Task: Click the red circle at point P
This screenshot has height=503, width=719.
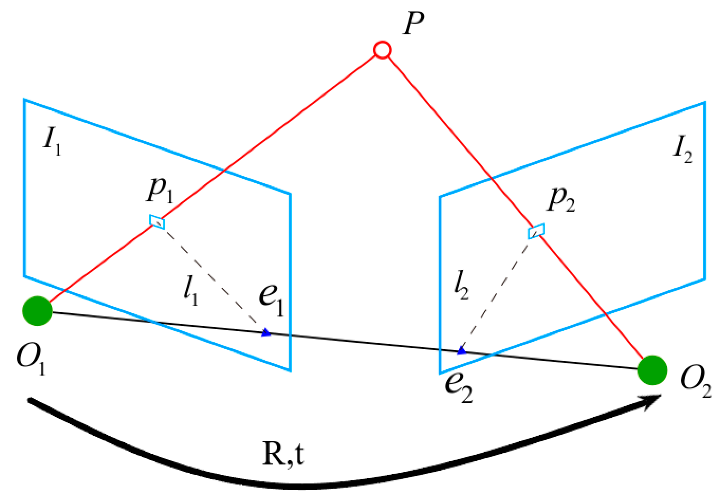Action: pyautogui.click(x=382, y=50)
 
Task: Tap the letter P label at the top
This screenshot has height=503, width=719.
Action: pyautogui.click(x=413, y=23)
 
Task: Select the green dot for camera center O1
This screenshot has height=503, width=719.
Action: pyautogui.click(x=37, y=311)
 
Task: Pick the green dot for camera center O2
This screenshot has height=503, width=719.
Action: pyautogui.click(x=652, y=370)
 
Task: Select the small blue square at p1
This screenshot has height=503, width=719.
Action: pyautogui.click(x=157, y=222)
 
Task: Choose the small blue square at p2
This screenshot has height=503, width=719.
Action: pyautogui.click(x=536, y=231)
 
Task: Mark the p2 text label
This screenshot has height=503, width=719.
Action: pyautogui.click(x=561, y=199)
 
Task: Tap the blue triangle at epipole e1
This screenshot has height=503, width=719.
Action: pyautogui.click(x=266, y=333)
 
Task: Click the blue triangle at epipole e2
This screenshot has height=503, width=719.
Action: pyautogui.click(x=461, y=351)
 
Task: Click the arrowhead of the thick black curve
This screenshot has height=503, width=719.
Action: pyautogui.click(x=652, y=401)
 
